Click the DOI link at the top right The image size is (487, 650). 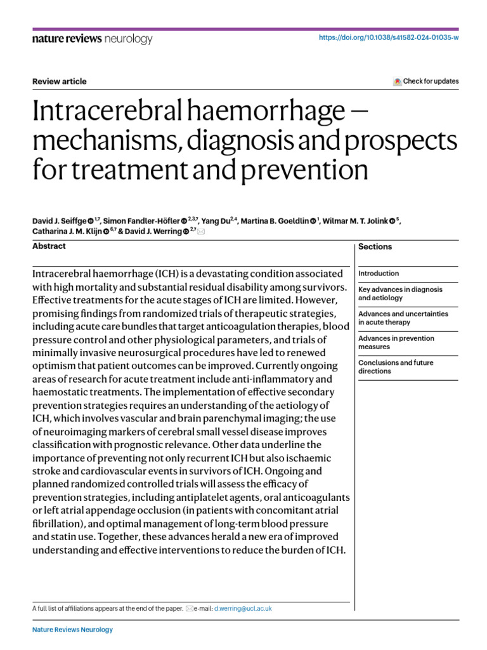[x=387, y=38]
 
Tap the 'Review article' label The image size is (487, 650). [x=59, y=81]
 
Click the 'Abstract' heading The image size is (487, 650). [x=49, y=246]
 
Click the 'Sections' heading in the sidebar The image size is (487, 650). [x=375, y=247]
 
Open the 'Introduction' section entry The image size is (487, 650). [x=379, y=274]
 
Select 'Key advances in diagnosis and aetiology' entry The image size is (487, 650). [x=400, y=293]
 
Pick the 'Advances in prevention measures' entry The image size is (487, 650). [x=396, y=342]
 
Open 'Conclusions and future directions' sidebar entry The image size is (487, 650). [x=396, y=367]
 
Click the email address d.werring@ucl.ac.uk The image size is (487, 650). [x=242, y=608]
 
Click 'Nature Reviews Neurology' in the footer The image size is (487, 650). [x=72, y=630]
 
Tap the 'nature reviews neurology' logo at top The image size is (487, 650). [x=92, y=39]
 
